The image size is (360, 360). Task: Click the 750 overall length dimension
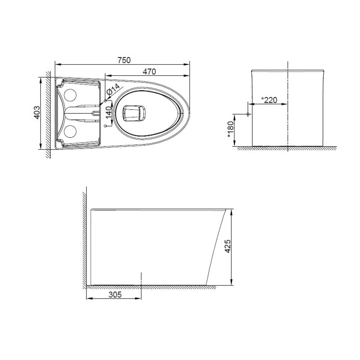[124, 60]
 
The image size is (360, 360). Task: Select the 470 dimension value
[149, 72]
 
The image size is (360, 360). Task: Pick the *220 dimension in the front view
[269, 100]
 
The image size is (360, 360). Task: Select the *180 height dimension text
[230, 130]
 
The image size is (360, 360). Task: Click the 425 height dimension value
[226, 246]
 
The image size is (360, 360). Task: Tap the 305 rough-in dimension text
[115, 294]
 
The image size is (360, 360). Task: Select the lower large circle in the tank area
[70, 132]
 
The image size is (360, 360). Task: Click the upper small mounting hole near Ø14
[105, 100]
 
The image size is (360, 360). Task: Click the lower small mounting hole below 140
[105, 126]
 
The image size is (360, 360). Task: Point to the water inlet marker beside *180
[248, 114]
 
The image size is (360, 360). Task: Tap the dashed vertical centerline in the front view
[288, 108]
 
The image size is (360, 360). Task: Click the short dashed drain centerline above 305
[141, 279]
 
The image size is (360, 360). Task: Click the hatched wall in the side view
[85, 238]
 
